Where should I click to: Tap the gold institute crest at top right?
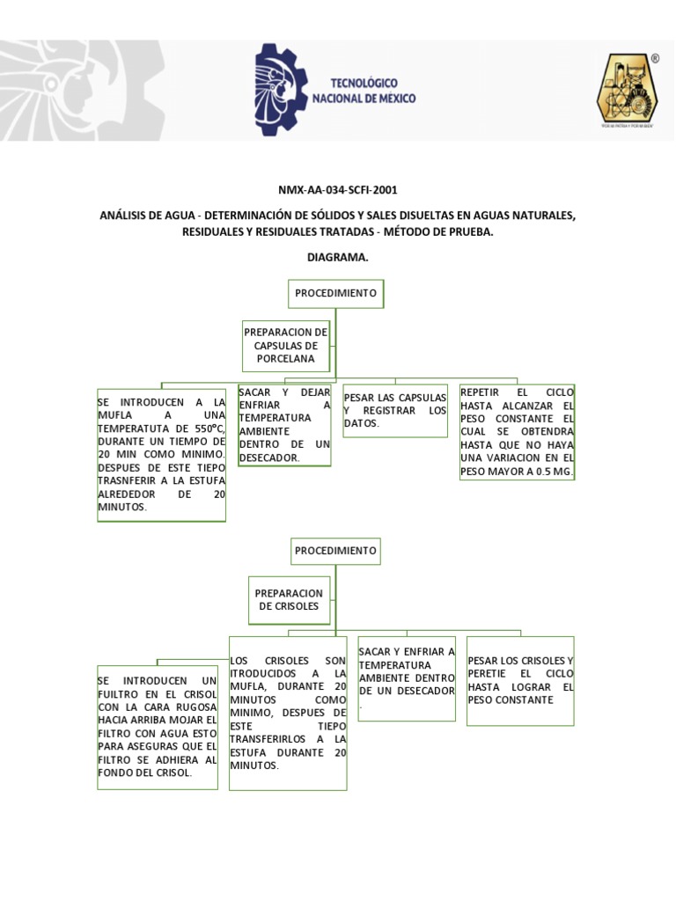click(627, 90)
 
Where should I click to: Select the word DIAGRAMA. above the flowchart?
click(337, 258)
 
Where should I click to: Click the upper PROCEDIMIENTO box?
click(335, 293)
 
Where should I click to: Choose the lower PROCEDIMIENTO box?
click(335, 551)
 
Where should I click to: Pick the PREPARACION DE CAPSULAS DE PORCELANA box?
click(286, 346)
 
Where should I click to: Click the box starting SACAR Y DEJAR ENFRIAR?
click(284, 425)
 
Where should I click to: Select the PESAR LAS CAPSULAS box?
click(395, 411)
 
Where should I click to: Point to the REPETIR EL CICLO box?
click(517, 432)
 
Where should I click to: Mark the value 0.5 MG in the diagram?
click(553, 472)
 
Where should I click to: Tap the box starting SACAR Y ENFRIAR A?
click(407, 678)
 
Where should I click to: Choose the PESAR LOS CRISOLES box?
click(520, 680)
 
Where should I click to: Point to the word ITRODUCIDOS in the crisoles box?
click(264, 673)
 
